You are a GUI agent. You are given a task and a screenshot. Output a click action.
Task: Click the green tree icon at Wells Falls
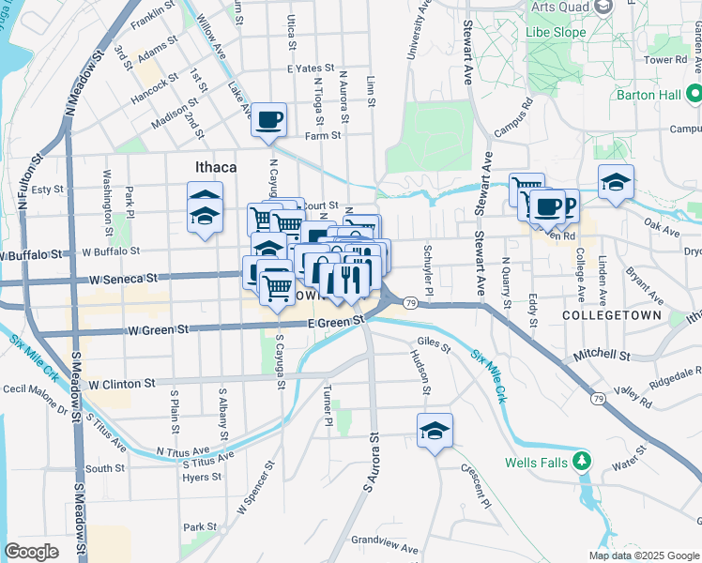(583, 461)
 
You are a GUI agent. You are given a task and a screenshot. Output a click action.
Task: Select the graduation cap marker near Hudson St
(435, 430)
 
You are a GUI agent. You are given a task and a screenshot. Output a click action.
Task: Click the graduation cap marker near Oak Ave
(616, 181)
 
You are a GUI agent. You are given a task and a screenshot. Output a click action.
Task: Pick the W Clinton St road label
(121, 384)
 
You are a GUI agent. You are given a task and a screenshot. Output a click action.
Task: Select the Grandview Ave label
(384, 544)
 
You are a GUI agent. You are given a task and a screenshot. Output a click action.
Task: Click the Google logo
(31, 552)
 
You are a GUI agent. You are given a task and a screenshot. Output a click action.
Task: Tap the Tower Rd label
(665, 59)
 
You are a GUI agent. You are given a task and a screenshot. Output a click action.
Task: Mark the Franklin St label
(154, 18)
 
